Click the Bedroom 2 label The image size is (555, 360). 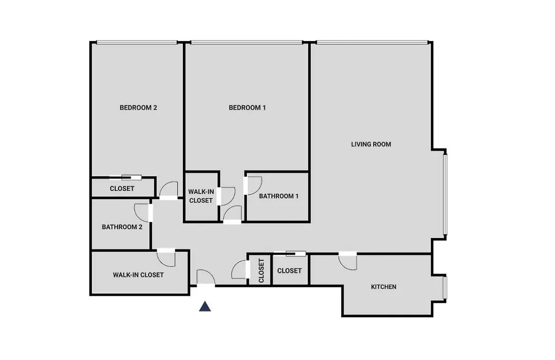tap(138, 107)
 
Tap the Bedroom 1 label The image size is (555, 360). tap(247, 107)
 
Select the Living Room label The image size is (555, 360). tap(371, 144)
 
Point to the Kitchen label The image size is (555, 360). tap(383, 286)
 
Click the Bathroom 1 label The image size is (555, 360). tap(279, 196)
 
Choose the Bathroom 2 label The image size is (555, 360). tap(122, 227)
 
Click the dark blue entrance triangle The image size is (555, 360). tap(205, 307)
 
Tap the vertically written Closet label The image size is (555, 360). tap(261, 271)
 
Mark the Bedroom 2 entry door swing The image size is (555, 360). tap(169, 190)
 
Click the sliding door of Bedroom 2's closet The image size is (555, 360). tap(126, 177)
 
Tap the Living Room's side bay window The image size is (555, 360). tap(445, 194)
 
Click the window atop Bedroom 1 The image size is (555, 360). tap(247, 43)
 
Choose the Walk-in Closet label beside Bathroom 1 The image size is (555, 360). tap(201, 196)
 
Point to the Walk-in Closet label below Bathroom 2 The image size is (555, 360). tap(138, 275)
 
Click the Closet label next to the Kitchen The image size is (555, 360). tap(289, 271)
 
